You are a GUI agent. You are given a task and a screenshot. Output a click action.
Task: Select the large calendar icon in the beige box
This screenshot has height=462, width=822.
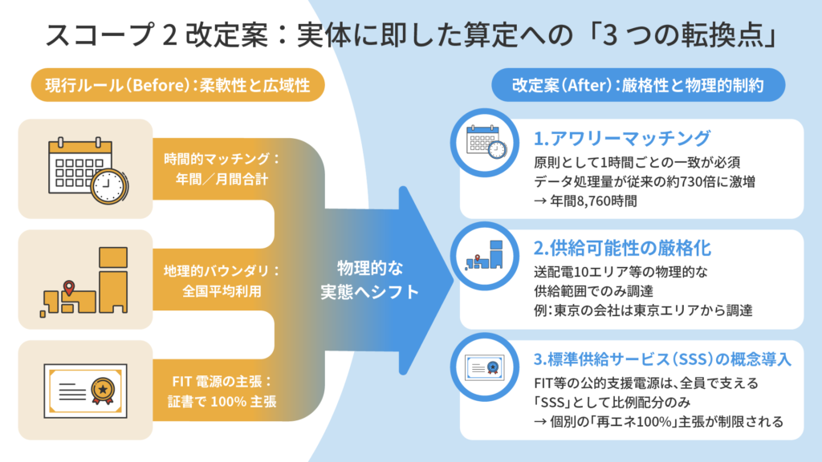click(85, 168)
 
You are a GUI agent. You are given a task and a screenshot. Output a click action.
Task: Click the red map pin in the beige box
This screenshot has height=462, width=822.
click(69, 286)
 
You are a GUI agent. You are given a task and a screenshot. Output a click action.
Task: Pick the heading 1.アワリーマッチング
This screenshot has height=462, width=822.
click(622, 136)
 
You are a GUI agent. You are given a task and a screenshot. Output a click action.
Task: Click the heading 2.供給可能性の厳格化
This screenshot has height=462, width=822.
click(622, 247)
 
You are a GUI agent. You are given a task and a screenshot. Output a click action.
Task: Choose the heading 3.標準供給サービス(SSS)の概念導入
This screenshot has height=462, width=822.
click(663, 359)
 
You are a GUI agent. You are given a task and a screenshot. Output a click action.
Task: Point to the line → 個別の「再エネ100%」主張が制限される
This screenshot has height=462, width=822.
click(658, 421)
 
